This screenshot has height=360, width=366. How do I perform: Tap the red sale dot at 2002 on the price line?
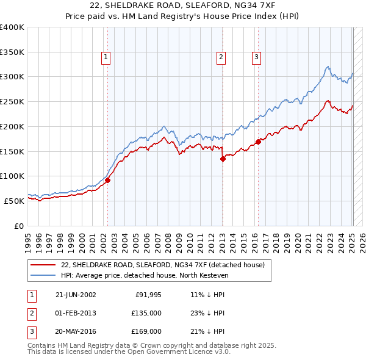point(107,180)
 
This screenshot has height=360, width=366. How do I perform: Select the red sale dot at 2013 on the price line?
point(223,159)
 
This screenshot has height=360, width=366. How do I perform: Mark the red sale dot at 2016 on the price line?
point(258,142)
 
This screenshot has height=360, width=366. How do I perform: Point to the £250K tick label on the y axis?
point(12,101)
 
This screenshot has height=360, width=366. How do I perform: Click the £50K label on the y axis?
point(14,200)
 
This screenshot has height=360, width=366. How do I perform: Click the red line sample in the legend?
point(43,265)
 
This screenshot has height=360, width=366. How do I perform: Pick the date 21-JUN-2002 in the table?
point(76,295)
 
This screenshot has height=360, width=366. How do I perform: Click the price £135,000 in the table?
point(146,313)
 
